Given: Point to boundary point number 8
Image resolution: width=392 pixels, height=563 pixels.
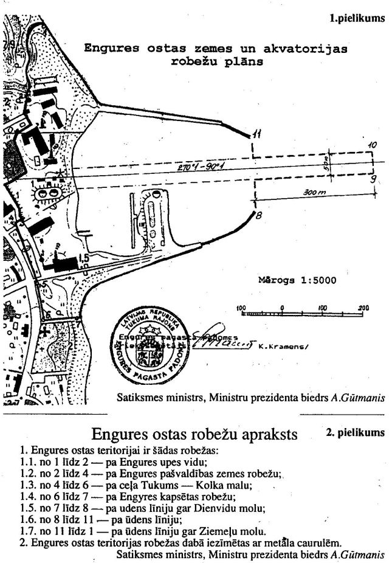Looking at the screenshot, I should [x=258, y=215].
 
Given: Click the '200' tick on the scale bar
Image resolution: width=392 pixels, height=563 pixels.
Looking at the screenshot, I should [x=363, y=308].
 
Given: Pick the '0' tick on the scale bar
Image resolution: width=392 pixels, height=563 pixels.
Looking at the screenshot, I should [x=282, y=308].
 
